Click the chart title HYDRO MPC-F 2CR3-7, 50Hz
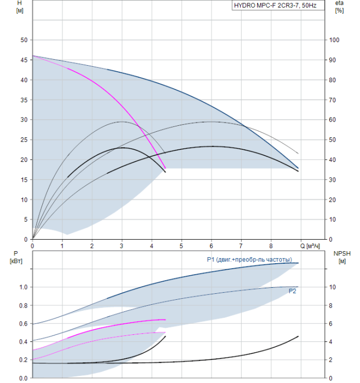click(275, 5)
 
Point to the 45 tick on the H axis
click(24, 60)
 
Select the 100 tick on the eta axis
click(334, 40)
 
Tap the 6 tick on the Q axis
click(211, 246)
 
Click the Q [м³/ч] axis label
click(310, 246)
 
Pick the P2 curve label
click(292, 291)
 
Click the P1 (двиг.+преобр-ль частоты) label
click(249, 259)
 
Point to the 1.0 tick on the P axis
click(24, 287)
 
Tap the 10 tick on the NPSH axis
click(333, 287)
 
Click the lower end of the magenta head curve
click(165, 169)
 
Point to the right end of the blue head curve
click(298, 168)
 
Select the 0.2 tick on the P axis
click(24, 360)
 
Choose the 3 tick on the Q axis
click(121, 246)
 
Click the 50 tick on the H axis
click(24, 40)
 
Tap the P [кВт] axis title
click(16, 258)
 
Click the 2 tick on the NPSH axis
click(330, 360)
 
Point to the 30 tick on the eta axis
click(333, 180)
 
